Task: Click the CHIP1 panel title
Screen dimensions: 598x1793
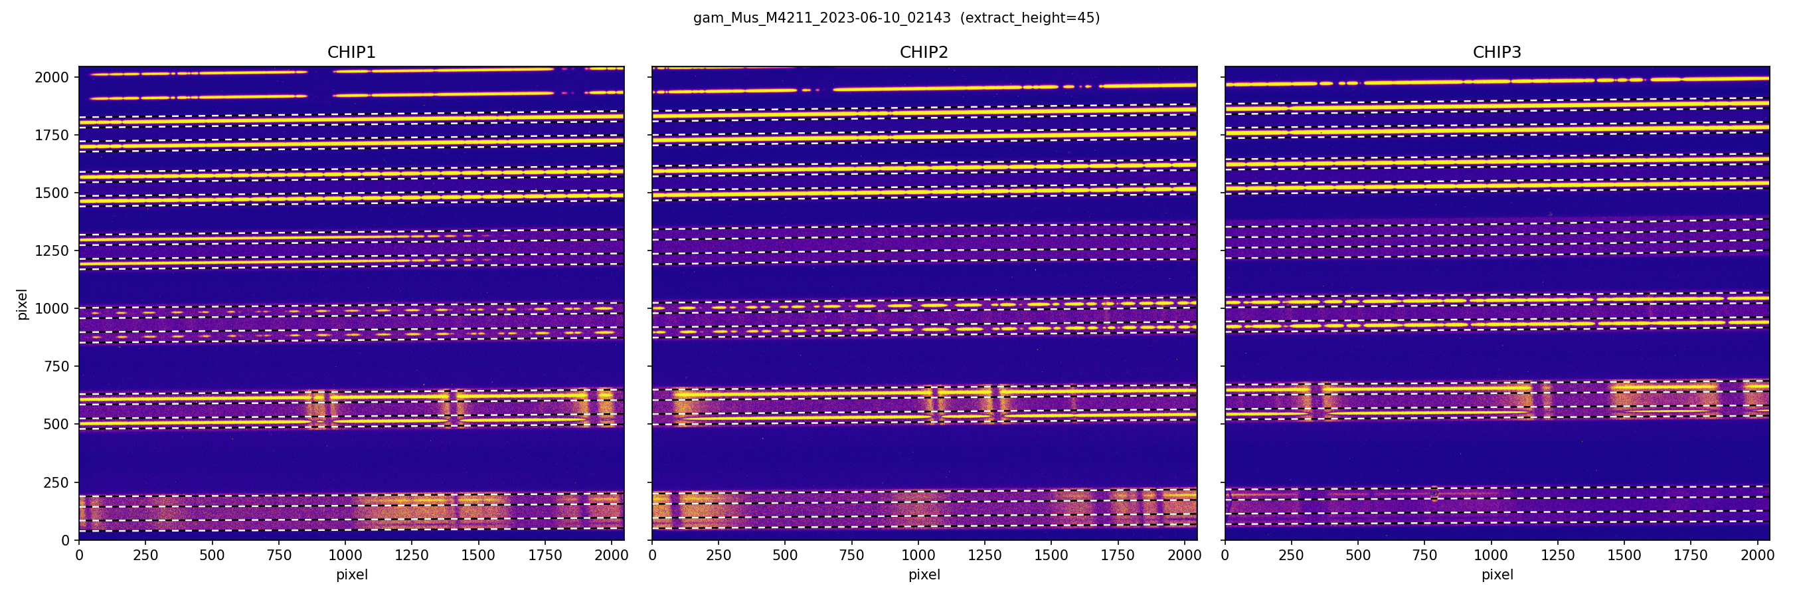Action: coord(351,52)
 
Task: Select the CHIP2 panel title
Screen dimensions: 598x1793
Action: coord(924,52)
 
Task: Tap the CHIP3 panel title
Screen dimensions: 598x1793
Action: coord(1496,52)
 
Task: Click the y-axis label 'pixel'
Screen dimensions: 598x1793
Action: coord(23,304)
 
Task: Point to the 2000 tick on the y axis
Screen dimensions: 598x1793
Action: coord(52,77)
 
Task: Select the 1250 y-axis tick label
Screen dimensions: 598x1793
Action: coord(52,250)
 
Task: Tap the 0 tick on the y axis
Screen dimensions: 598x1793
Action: coord(66,540)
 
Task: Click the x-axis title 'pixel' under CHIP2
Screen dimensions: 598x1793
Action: coord(924,575)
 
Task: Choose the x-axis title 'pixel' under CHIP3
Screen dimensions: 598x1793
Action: coord(1496,575)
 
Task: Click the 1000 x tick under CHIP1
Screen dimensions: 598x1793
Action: coord(345,555)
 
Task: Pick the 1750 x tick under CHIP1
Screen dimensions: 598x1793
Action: coord(545,555)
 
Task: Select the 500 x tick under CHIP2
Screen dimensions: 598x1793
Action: coord(785,555)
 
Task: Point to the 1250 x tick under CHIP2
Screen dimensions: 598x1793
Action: coord(984,555)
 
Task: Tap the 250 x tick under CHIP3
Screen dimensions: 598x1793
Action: coord(1291,555)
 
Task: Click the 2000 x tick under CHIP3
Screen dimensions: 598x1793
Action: coord(1756,555)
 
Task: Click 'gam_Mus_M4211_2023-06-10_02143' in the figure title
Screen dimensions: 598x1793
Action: coord(821,18)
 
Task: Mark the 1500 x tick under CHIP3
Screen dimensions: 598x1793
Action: coord(1624,555)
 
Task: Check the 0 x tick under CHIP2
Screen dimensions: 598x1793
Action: coord(652,555)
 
